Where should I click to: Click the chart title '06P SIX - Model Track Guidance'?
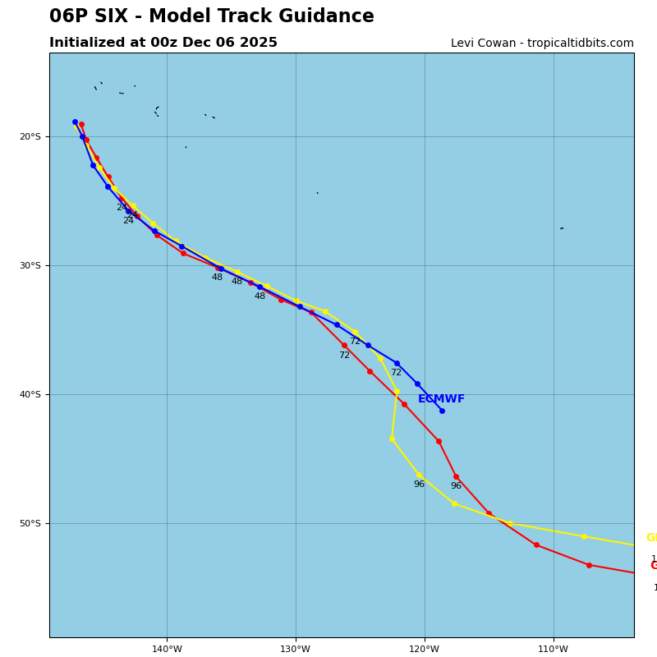tap(211, 17)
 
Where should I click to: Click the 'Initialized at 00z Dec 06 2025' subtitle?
tap(163, 43)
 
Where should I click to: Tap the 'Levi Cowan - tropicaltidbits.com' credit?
tap(542, 44)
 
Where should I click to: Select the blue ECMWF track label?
tap(441, 399)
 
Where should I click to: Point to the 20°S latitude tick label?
tap(30, 137)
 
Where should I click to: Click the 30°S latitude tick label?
tap(30, 266)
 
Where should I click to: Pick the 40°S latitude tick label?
tap(30, 395)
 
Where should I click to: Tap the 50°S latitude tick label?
tap(30, 524)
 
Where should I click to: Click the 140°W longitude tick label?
tap(167, 650)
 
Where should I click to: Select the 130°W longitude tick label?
tap(296, 650)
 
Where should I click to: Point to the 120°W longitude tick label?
tap(425, 650)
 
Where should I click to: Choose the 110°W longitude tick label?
tap(554, 650)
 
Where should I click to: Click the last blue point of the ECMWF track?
tap(442, 411)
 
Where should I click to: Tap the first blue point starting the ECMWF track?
tap(75, 122)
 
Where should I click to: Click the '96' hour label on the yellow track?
tap(419, 485)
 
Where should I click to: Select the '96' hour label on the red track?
tap(456, 486)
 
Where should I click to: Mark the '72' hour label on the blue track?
tap(396, 373)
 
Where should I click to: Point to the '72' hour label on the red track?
tap(344, 356)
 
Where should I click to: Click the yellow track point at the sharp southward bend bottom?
tap(392, 439)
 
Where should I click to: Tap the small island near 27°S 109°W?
tap(562, 228)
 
